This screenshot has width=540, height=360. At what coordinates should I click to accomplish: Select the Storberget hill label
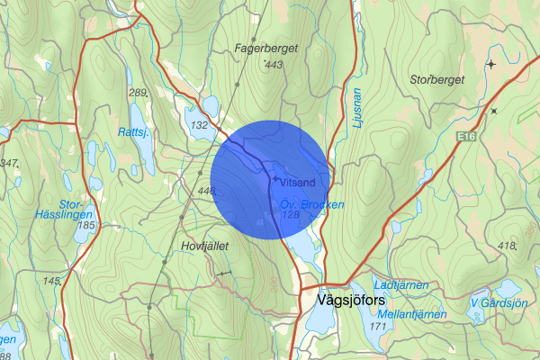click(x=439, y=78)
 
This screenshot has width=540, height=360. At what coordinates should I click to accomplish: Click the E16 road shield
click(x=464, y=136)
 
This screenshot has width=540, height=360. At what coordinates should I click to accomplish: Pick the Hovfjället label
click(x=206, y=243)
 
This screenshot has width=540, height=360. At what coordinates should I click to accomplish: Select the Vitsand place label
click(x=297, y=183)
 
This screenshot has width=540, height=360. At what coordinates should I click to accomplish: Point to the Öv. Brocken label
click(x=311, y=204)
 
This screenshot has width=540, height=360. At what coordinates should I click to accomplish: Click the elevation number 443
click(x=274, y=65)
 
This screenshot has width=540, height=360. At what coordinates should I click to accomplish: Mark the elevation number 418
click(x=507, y=247)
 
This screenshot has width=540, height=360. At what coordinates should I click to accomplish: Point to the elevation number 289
click(x=137, y=93)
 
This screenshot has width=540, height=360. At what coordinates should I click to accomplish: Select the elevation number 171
click(x=376, y=327)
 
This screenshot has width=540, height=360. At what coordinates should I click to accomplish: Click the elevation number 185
click(x=87, y=225)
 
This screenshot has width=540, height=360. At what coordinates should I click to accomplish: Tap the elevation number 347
click(x=10, y=163)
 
